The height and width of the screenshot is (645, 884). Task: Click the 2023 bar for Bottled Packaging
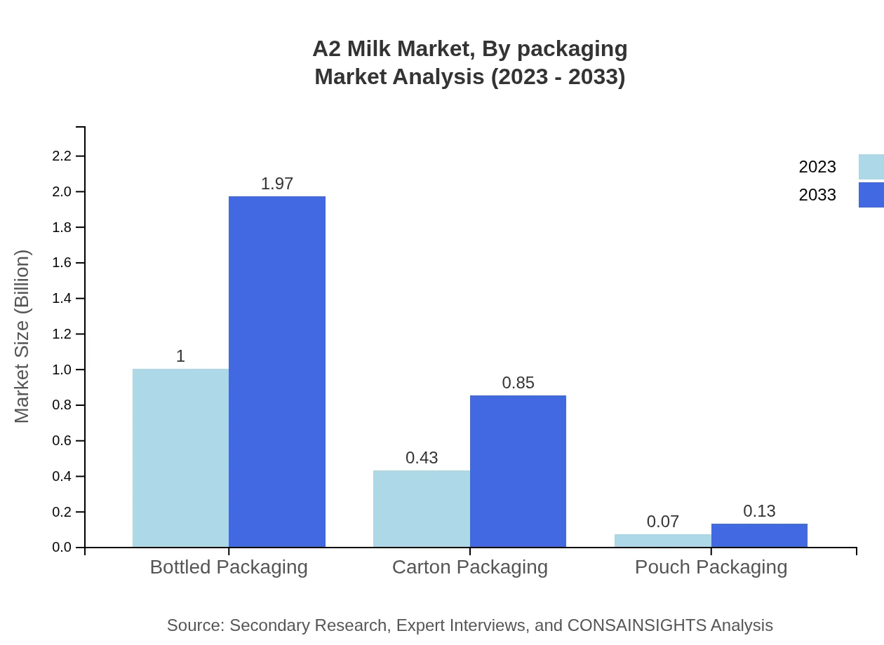pos(180,458)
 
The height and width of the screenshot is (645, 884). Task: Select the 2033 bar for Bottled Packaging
pos(277,372)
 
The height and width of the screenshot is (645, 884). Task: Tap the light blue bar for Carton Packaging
pos(421,508)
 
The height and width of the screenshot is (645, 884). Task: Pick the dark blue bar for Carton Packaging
pos(518,471)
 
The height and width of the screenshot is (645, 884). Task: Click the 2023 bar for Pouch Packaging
pos(662,541)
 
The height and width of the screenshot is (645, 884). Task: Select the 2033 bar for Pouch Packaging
pos(759,535)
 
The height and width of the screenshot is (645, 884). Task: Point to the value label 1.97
pos(277,184)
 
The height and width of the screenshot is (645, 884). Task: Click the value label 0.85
pos(518,383)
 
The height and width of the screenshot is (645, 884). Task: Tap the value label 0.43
pos(422,458)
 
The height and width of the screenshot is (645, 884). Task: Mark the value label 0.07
pos(663,522)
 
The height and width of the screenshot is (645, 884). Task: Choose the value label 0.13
pos(759,511)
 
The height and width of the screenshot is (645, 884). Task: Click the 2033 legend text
pos(817,195)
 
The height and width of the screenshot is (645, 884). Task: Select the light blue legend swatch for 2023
pos(871,167)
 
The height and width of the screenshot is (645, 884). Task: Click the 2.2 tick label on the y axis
pos(62,156)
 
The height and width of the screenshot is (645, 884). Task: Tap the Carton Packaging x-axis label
pos(469,566)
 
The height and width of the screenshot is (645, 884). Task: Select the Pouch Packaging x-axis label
pos(711,566)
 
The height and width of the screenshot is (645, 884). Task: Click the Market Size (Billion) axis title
pos(22,337)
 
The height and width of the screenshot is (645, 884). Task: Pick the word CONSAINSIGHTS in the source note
pos(636,625)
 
